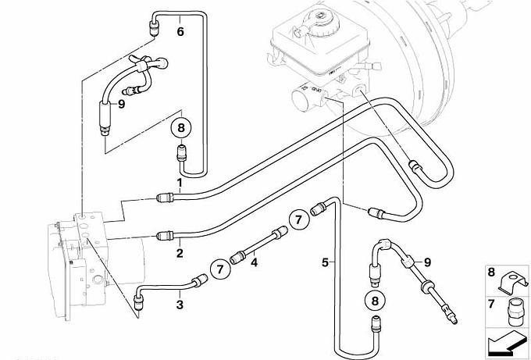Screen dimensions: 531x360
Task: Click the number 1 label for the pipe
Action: click(x=180, y=184)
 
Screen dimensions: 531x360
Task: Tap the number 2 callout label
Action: click(x=180, y=253)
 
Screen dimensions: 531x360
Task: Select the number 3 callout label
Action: click(x=180, y=305)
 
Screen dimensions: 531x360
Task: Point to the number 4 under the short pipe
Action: click(x=254, y=262)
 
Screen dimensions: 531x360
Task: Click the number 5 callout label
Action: click(x=325, y=262)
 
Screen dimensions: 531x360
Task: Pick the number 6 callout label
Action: click(x=180, y=31)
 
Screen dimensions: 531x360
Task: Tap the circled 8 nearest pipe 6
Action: click(x=181, y=128)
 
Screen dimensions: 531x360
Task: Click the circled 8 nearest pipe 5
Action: click(x=375, y=301)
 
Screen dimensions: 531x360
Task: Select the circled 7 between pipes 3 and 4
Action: click(x=220, y=269)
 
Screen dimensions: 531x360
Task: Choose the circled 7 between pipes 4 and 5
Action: click(x=298, y=219)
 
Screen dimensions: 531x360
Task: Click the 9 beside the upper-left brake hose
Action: click(x=121, y=104)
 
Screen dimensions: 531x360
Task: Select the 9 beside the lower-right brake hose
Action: click(x=427, y=262)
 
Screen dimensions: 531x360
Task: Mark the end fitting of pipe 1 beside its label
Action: click(x=166, y=197)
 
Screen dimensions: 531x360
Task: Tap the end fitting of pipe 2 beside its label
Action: click(x=166, y=235)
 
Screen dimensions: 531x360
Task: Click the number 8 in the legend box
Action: click(x=491, y=273)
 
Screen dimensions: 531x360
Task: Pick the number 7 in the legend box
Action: click(x=491, y=304)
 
